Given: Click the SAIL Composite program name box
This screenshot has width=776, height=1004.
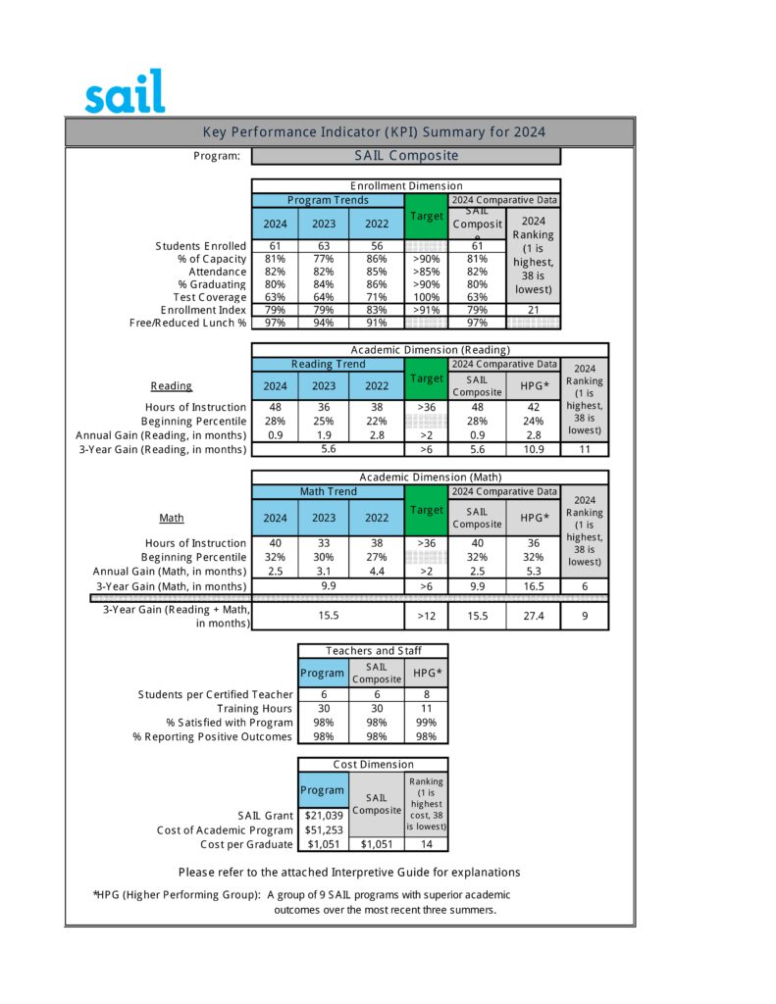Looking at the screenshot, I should click(x=405, y=156).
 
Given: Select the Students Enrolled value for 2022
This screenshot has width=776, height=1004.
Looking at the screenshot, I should click(x=376, y=245).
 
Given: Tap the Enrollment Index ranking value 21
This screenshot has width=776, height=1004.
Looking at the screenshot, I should click(x=534, y=310).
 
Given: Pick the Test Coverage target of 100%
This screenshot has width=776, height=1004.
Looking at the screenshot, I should click(x=426, y=297).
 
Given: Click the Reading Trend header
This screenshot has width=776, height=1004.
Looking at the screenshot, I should click(x=328, y=365).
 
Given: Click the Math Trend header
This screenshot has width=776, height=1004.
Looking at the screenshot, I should click(x=328, y=491).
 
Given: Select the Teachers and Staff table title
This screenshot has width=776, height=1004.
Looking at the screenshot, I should click(x=373, y=650).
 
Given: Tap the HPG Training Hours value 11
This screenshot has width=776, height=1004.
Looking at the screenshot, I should click(x=426, y=708).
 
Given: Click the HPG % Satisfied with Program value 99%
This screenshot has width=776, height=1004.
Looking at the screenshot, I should click(x=426, y=723).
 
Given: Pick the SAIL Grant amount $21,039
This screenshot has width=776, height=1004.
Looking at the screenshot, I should click(x=323, y=816).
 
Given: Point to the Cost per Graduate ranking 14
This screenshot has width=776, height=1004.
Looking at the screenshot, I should click(x=426, y=844).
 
